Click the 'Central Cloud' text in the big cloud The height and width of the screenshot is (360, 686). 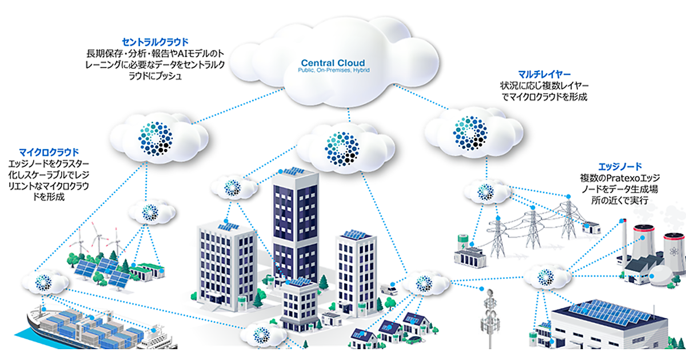[x=333, y=62]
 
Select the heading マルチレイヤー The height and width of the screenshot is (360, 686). [x=544, y=75]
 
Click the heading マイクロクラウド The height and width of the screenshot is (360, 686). [x=49, y=153]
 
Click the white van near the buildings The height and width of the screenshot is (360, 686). [x=389, y=290]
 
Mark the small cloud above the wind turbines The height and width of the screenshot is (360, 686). [x=150, y=212]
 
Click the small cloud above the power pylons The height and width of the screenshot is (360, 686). [x=485, y=191]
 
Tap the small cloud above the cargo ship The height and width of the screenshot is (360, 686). [x=45, y=281]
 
